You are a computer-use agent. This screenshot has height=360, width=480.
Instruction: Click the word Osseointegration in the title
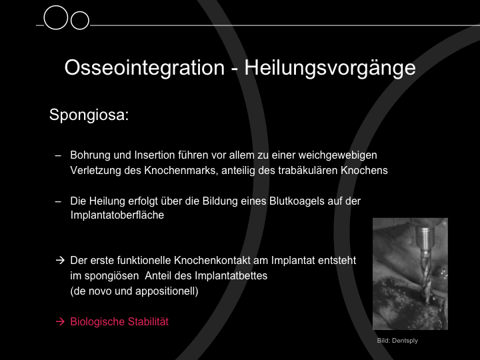[145, 67]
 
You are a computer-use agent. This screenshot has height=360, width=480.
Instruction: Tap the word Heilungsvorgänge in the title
[330, 68]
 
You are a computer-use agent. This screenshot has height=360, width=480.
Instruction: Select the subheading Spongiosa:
[89, 115]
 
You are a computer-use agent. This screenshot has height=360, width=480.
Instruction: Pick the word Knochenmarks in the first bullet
[181, 170]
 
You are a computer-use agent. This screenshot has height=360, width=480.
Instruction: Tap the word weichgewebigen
[337, 155]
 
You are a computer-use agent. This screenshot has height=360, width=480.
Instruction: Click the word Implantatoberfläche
[117, 215]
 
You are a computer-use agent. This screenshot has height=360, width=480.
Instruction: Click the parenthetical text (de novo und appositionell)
[134, 291]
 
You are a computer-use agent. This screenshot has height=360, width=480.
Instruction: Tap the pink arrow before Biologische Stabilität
[60, 321]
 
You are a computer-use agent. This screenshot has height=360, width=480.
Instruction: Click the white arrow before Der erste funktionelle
[60, 260]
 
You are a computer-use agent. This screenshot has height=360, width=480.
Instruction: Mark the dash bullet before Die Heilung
[58, 202]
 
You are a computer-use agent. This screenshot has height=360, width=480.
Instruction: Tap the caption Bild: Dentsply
[397, 341]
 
